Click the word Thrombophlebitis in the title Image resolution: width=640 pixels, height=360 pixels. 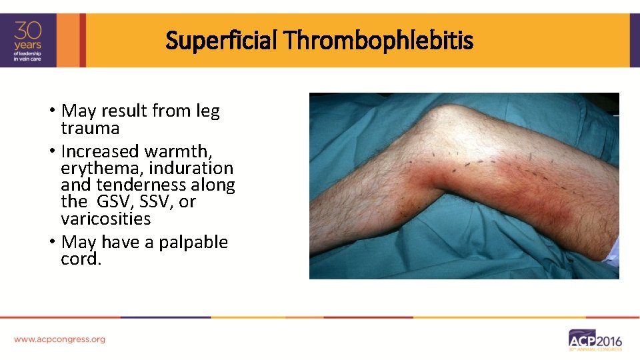(x=378, y=41)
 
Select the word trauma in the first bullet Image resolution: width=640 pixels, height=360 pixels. (x=90, y=128)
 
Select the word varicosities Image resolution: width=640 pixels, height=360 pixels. (x=105, y=219)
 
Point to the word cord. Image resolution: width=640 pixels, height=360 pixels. (x=81, y=259)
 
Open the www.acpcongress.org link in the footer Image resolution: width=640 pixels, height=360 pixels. (x=59, y=339)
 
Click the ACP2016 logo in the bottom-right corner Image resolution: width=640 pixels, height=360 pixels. (x=595, y=339)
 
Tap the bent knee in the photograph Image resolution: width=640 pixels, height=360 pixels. (x=453, y=117)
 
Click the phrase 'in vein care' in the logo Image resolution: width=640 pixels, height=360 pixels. (x=29, y=59)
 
